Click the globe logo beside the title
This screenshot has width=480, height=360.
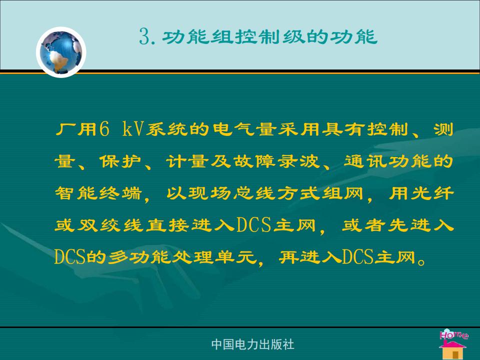pyautogui.click(x=61, y=52)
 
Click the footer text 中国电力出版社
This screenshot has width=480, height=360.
pyautogui.click(x=252, y=344)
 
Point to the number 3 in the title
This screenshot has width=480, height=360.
pyautogui.click(x=144, y=36)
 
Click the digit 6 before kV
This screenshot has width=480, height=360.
pyautogui.click(x=104, y=129)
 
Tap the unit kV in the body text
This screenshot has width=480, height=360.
pyautogui.click(x=133, y=129)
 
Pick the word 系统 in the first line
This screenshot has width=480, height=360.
pyautogui.click(x=167, y=129)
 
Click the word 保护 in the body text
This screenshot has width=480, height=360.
pyautogui.click(x=120, y=161)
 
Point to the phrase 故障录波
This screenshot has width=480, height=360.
pyautogui.click(x=276, y=161)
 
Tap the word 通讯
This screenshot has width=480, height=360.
pyautogui.click(x=365, y=161)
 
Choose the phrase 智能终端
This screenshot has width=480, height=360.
pyautogui.click(x=98, y=193)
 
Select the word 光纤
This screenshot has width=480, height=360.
pyautogui.click(x=432, y=193)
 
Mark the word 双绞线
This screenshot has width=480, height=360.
pyautogui.click(x=109, y=225)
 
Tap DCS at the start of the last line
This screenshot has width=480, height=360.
pyautogui.click(x=70, y=257)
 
